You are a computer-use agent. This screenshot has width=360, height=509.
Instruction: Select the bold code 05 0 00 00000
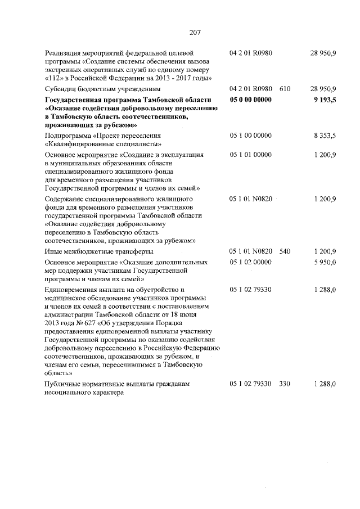(251, 100)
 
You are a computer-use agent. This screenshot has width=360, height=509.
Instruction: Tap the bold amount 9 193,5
(325, 100)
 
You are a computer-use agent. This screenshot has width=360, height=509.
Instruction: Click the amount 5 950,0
(325, 262)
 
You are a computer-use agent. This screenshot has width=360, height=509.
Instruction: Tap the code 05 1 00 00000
(251, 136)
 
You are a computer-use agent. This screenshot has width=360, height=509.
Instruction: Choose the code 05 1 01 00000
(251, 154)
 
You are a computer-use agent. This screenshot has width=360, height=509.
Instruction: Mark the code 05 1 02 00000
(251, 262)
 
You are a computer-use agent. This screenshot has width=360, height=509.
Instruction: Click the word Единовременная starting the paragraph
(73, 289)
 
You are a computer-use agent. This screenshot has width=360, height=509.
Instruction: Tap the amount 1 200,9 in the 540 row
(325, 251)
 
